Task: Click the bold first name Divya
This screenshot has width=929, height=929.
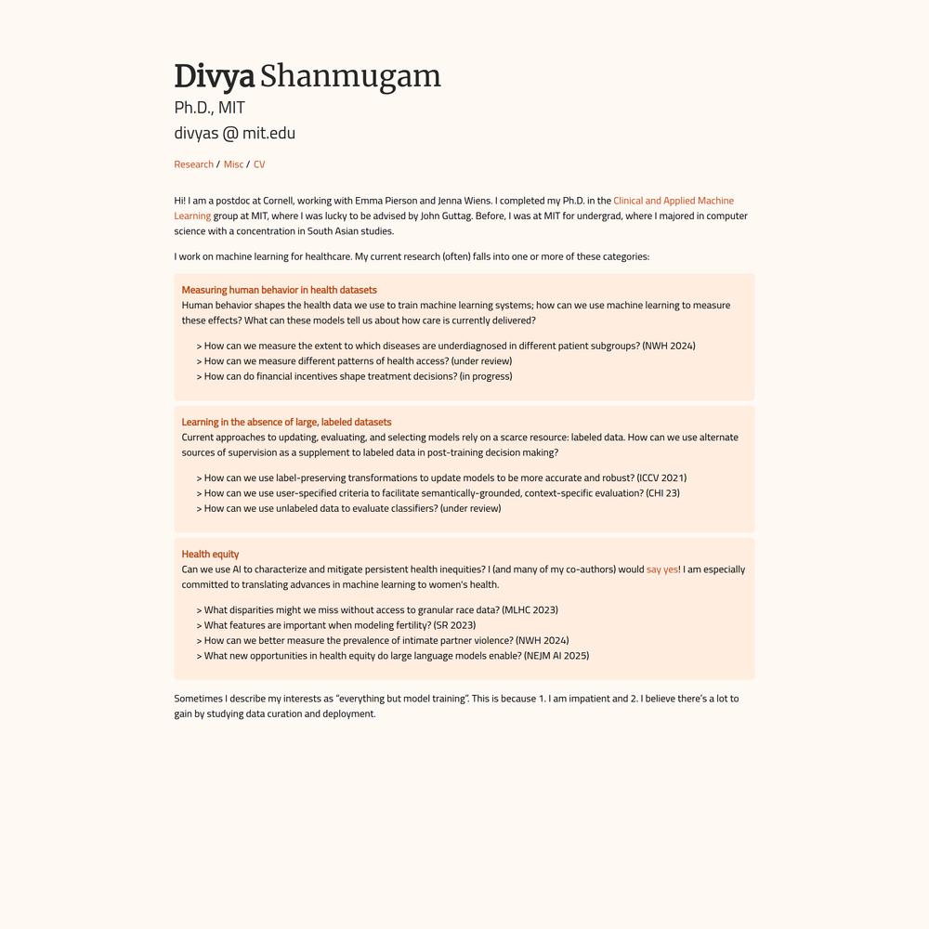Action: tap(214, 76)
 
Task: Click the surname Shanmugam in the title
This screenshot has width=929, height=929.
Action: tap(350, 76)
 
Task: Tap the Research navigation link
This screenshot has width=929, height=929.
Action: tap(193, 164)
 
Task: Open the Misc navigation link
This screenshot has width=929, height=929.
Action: tap(233, 164)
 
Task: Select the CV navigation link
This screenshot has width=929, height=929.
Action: tap(259, 164)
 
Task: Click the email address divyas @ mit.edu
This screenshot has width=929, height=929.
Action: tap(234, 133)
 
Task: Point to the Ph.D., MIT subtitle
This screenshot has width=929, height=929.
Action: tap(209, 108)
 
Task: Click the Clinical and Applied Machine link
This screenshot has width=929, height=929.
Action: tap(674, 201)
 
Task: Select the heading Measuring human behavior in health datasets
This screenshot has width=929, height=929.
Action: tap(279, 290)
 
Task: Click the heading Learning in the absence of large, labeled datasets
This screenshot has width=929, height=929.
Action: tap(286, 422)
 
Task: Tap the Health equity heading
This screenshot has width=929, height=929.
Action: tap(210, 554)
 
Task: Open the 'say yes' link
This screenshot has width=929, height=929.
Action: tap(661, 569)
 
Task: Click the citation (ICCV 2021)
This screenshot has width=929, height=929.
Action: tap(661, 478)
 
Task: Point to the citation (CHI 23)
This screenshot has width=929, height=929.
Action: tap(662, 493)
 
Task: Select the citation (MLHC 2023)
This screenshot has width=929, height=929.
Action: tap(530, 610)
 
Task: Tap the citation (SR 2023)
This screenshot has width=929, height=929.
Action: tap(454, 625)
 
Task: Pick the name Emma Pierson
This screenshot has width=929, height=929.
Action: tap(386, 201)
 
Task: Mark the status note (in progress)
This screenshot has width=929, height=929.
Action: tap(486, 376)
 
